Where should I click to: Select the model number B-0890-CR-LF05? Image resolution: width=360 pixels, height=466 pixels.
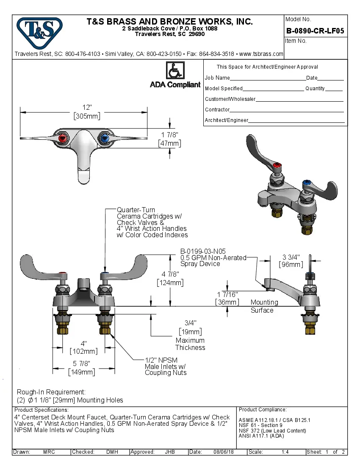click(x=315, y=31)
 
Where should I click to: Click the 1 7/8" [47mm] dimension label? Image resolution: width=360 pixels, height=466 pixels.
click(x=170, y=139)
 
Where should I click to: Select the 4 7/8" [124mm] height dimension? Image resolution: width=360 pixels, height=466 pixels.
click(x=170, y=278)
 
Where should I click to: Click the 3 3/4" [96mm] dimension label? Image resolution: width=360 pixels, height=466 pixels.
click(x=291, y=261)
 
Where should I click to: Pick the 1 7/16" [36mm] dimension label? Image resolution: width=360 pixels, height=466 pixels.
click(x=227, y=298)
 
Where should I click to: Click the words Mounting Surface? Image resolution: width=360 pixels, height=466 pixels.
click(x=264, y=306)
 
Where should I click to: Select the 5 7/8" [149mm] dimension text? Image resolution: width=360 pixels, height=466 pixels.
click(x=82, y=368)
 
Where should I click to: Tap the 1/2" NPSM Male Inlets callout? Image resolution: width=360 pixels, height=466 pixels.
click(x=166, y=366)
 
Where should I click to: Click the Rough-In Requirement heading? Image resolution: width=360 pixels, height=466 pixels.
click(x=51, y=392)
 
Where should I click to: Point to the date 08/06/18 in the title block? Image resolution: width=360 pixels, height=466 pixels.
click(x=224, y=452)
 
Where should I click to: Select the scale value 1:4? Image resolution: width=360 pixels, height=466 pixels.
click(x=285, y=452)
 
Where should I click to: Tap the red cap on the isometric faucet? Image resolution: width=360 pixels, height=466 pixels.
click(x=277, y=165)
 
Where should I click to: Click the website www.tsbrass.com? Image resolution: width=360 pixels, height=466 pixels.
click(x=261, y=54)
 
